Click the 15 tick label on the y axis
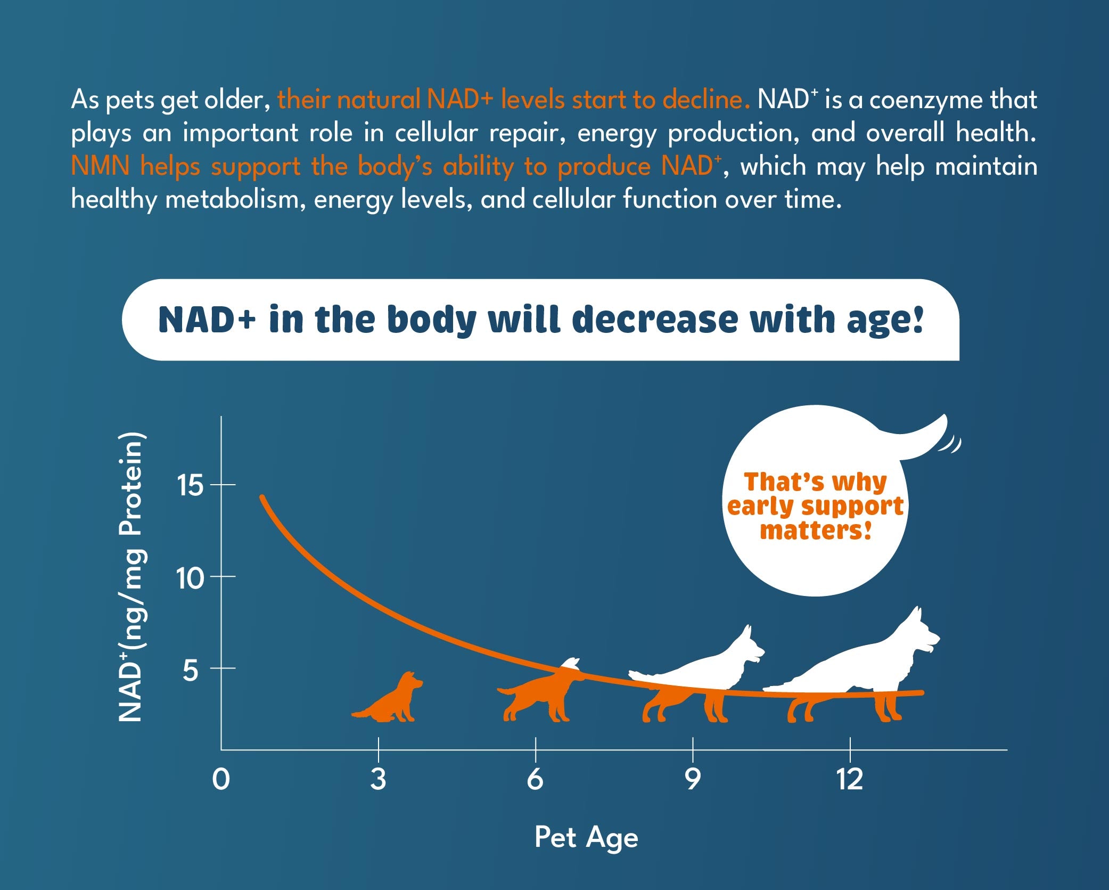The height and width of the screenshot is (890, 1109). tap(190, 485)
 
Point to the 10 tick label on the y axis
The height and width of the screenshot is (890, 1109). tap(190, 577)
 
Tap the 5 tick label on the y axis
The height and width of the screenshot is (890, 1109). tap(190, 670)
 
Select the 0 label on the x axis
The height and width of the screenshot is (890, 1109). tap(221, 780)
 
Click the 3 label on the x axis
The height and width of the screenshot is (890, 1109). tap(378, 780)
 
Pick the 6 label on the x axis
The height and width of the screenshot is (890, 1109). tap(535, 780)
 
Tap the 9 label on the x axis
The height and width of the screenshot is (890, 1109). tap(692, 780)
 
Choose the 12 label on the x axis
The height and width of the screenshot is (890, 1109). tap(849, 780)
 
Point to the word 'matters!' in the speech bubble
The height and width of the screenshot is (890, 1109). tap(816, 531)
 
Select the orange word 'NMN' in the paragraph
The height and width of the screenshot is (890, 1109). tap(100, 166)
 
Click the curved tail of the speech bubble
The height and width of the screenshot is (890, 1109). tap(921, 439)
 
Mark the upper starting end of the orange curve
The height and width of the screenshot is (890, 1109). tap(262, 497)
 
